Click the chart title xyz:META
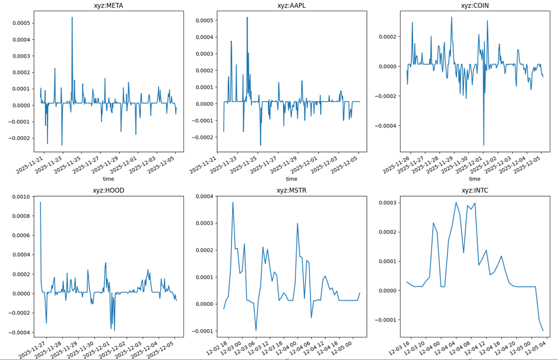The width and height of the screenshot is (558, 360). (x=108, y=6)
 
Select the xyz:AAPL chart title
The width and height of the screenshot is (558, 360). (x=291, y=6)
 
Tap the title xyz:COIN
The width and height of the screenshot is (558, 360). (x=475, y=6)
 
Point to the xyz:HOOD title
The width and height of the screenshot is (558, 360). (x=108, y=191)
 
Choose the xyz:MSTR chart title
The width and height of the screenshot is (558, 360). (x=291, y=191)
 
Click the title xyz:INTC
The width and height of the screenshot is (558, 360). (x=475, y=191)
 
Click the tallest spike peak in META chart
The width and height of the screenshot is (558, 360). (x=72, y=17)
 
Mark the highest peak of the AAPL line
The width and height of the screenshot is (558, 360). (x=247, y=17)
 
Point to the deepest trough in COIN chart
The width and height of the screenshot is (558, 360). (x=484, y=146)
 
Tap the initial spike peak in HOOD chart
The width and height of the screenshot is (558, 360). (x=40, y=203)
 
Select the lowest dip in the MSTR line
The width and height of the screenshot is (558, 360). (x=256, y=330)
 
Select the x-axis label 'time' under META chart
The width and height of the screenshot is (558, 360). (x=108, y=179)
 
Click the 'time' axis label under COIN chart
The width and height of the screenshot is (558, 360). (x=475, y=179)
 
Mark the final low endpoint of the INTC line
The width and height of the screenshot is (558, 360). (x=543, y=330)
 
